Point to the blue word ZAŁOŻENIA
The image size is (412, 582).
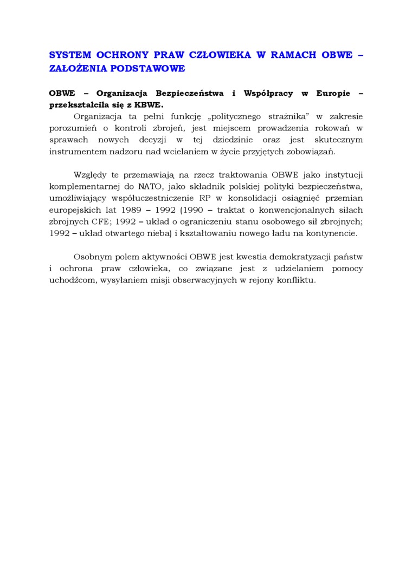coord(76,68)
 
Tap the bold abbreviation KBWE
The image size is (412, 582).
coord(148,104)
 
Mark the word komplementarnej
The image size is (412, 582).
coord(84,186)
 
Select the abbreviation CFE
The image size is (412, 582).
coord(103,221)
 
